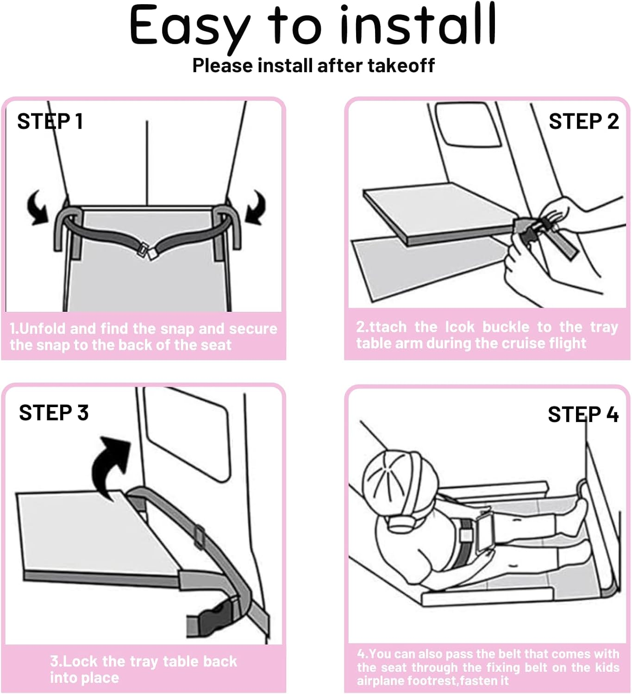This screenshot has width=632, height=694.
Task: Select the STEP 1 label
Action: click(x=50, y=122)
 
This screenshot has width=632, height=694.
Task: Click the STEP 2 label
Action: click(x=583, y=122)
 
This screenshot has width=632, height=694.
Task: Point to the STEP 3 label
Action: click(x=54, y=413)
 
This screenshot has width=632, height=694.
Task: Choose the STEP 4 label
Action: click(x=583, y=415)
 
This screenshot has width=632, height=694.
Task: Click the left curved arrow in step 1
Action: click(x=37, y=208)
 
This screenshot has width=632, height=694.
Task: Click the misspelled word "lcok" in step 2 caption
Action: click(x=460, y=327)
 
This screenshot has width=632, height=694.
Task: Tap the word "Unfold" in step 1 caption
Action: click(x=43, y=328)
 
